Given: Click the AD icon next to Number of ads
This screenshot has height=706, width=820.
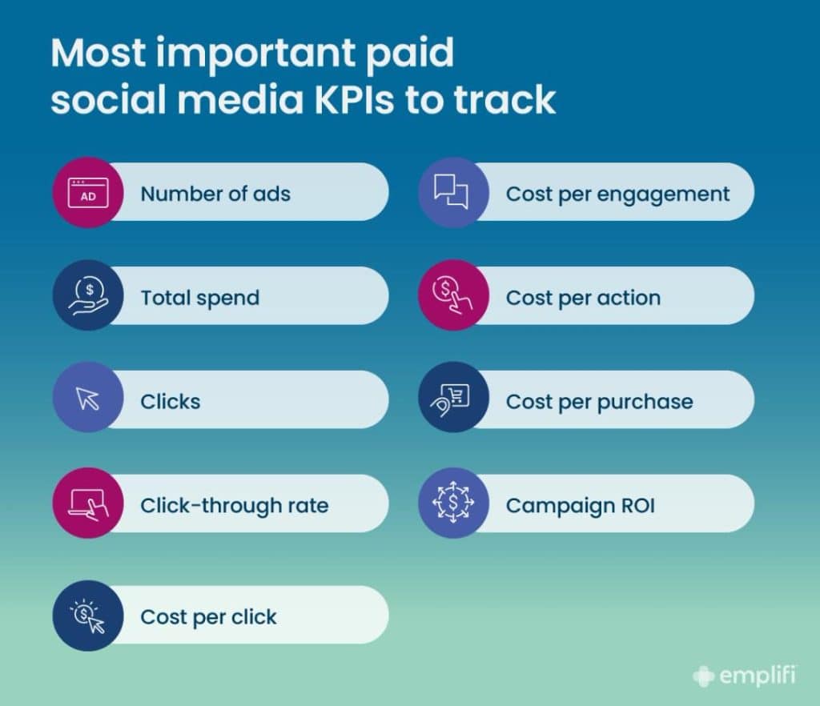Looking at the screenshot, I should coord(88,193).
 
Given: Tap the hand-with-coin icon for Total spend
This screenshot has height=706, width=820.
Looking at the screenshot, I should coord(88,297).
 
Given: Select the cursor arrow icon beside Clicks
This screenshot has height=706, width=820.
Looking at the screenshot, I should coord(88,400).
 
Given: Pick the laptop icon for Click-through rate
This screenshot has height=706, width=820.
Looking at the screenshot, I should coord(88,504).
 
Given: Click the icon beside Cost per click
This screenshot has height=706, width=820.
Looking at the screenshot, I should coord(88,616).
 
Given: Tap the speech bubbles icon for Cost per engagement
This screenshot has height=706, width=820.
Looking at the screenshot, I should coord(453,193).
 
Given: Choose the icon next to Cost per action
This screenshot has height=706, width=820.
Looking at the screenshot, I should coord(453,296).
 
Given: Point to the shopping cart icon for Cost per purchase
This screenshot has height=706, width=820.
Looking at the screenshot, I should coord(453,400).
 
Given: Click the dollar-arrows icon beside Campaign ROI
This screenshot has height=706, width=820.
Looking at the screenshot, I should coord(453,504).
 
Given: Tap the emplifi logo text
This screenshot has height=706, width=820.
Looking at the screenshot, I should coord(756,676).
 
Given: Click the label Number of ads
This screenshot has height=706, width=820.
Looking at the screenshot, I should coord(215,194).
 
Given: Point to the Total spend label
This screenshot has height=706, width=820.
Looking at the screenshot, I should coord(200,298).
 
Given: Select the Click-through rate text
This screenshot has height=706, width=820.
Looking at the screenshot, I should coord(235,506).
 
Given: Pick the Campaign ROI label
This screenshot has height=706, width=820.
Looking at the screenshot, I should coord(581,506).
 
